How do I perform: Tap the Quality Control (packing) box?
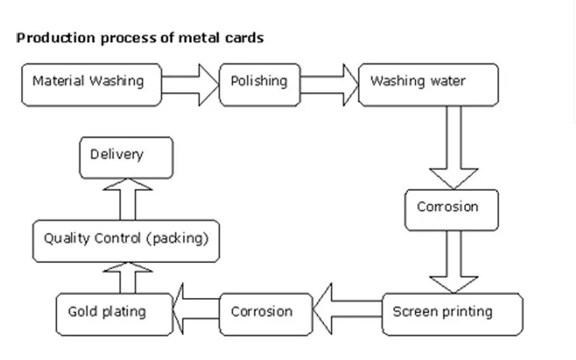(126, 240)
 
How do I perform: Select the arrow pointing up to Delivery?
(127, 197)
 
